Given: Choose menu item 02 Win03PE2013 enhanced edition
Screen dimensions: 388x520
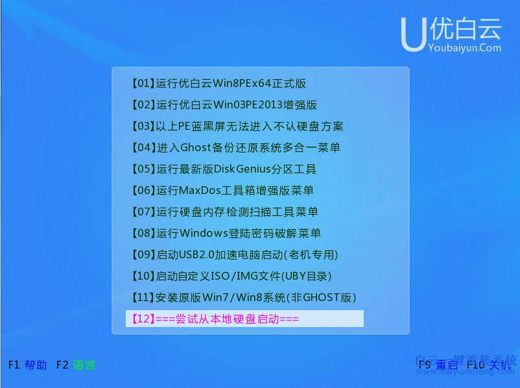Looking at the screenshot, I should [x=224, y=105].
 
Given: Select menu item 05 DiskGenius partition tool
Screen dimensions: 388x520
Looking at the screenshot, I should [x=224, y=169].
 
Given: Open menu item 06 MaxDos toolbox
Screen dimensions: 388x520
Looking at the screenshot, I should [x=222, y=191].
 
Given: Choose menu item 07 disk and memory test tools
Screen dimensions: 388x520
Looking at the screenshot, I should [x=224, y=212].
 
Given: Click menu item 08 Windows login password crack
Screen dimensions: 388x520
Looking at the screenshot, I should [x=226, y=234].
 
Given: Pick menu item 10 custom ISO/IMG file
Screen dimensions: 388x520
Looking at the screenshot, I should [x=231, y=276].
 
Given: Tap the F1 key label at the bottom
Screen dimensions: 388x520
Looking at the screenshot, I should [x=14, y=365].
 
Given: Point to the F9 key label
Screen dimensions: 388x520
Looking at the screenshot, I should [x=425, y=365].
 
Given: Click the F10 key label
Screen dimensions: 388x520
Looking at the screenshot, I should [x=476, y=365].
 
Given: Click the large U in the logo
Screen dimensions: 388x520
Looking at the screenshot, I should [x=414, y=34].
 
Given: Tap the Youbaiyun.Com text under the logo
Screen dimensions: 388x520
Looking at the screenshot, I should [x=464, y=47].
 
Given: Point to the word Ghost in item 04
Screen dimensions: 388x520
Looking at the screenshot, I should [x=197, y=148].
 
